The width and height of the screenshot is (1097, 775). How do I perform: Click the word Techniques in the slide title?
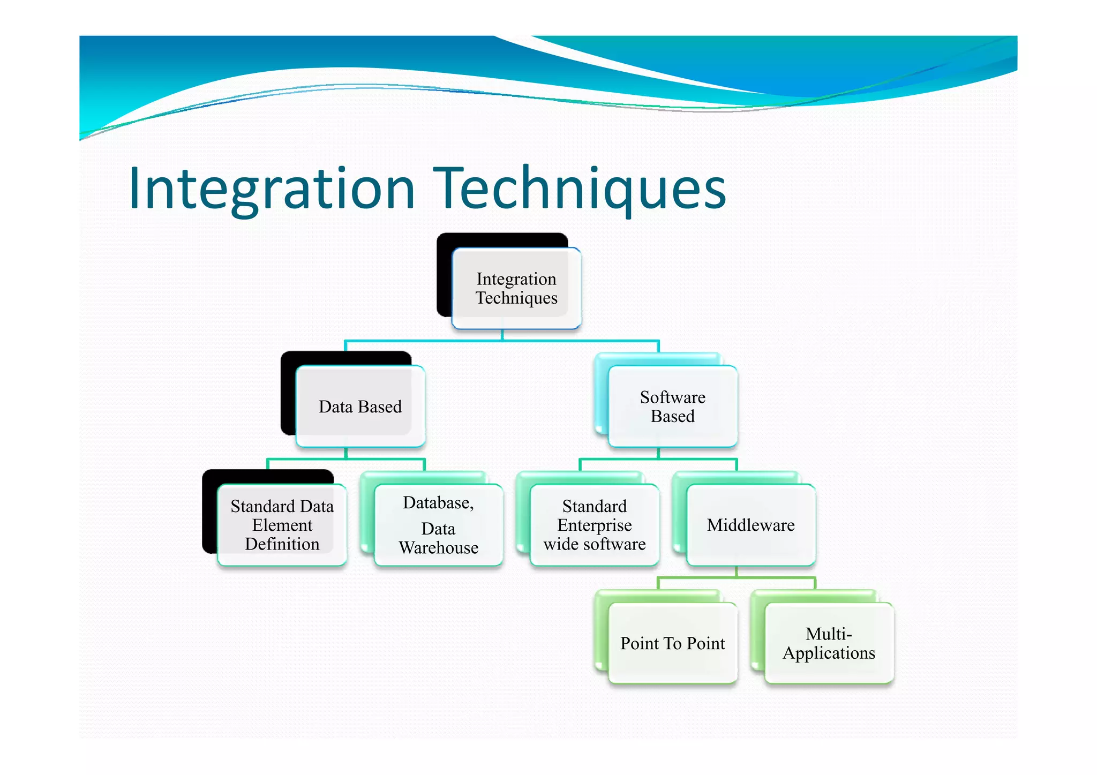(582, 189)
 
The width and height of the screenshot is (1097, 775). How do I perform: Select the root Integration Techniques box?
(516, 288)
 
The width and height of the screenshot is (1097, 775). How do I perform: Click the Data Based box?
(360, 407)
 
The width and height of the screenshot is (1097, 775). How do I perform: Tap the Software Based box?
(673, 407)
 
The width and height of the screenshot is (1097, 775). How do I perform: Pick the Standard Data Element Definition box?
(282, 525)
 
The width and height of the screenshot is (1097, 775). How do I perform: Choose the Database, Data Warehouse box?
(438, 525)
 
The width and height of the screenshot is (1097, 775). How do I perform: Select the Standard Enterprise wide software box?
(594, 525)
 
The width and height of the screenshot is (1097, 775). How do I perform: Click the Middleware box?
(750, 525)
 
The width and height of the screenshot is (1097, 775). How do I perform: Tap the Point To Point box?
(673, 643)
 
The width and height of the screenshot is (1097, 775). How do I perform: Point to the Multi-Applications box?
(829, 643)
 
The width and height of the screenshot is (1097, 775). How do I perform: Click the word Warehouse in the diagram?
(438, 548)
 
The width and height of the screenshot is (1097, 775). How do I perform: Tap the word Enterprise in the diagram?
(594, 525)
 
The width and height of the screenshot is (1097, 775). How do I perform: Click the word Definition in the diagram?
(282, 544)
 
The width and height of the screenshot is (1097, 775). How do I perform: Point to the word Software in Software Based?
(673, 397)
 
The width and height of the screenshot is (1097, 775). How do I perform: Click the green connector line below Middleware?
(737, 577)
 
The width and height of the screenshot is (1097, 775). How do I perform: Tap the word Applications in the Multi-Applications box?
(829, 653)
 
